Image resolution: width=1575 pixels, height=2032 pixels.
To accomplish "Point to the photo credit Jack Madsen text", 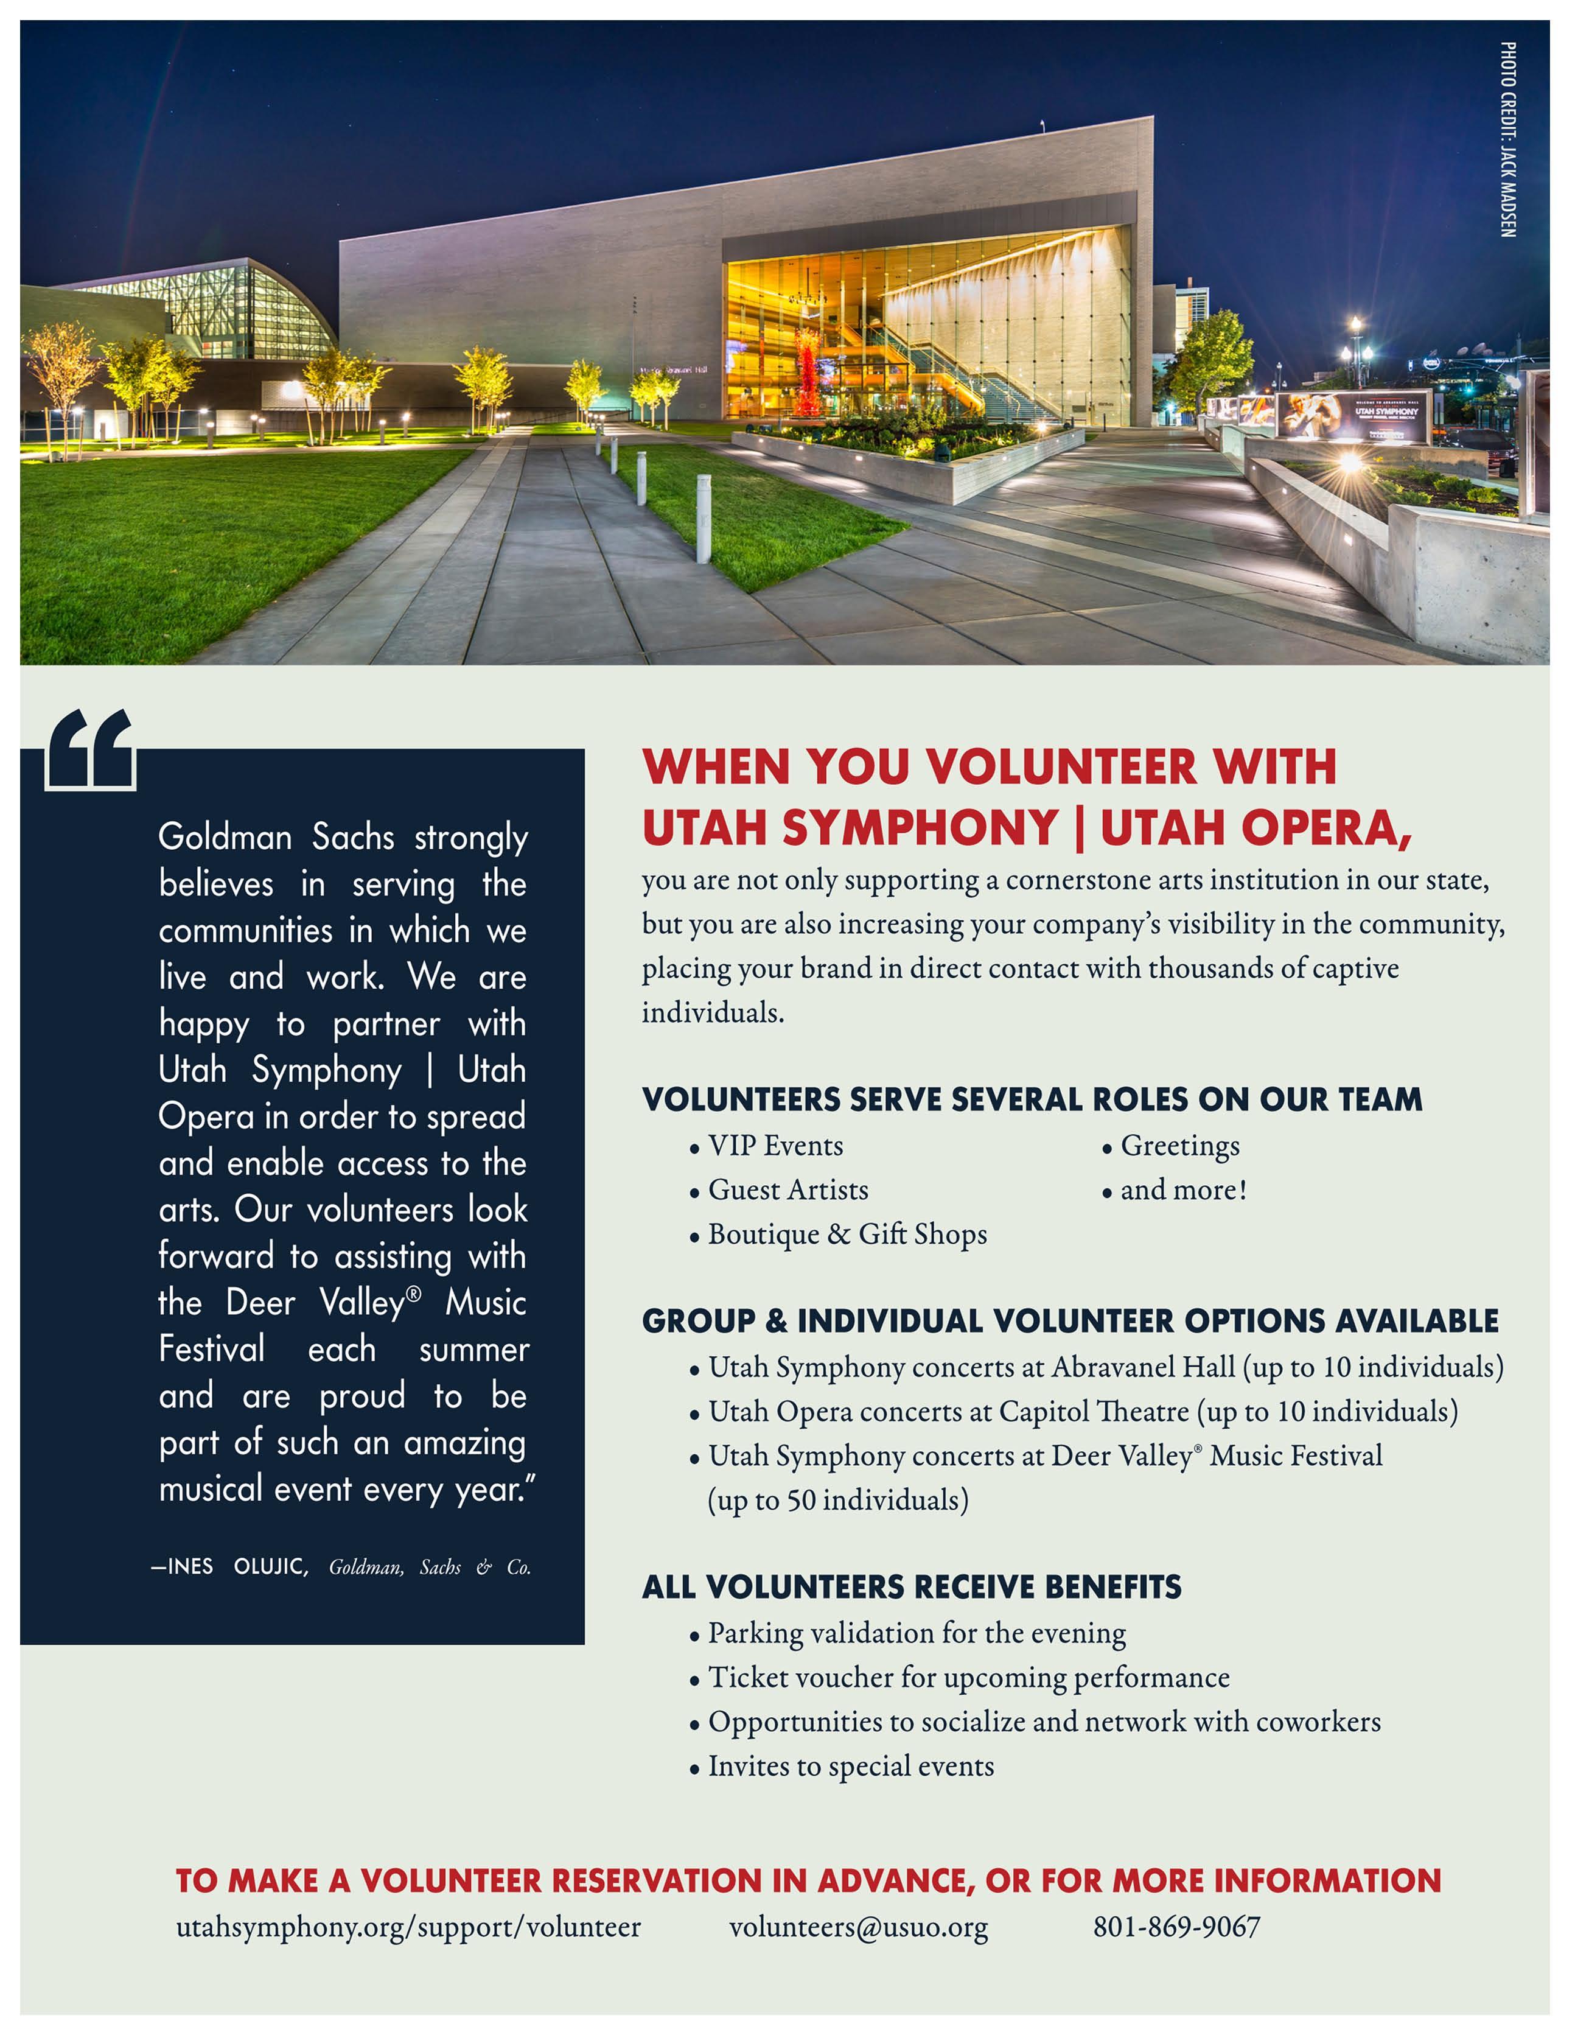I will (x=1508, y=139).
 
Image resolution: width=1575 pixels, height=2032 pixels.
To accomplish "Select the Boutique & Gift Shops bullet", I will (x=847, y=1235).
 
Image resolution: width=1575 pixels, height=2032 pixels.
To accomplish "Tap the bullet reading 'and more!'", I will (x=1182, y=1190).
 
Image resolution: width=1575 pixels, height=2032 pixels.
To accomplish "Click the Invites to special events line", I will (x=850, y=1766).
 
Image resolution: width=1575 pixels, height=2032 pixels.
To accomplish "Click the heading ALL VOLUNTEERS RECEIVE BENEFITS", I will (x=912, y=1586).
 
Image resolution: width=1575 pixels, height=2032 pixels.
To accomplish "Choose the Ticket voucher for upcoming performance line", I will (x=968, y=1678).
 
